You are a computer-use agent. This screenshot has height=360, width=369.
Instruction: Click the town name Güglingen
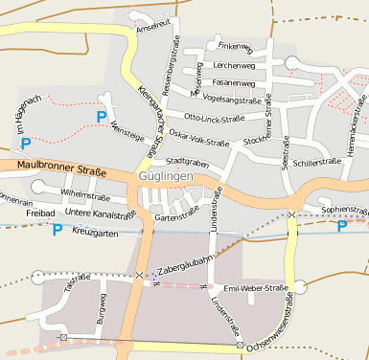click(166, 178)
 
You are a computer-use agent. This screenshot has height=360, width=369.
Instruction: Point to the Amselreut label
click(154, 27)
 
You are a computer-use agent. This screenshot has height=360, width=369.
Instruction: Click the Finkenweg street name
click(234, 45)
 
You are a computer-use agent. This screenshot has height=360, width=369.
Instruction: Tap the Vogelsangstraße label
click(234, 100)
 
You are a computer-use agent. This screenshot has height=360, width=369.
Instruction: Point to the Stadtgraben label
click(187, 162)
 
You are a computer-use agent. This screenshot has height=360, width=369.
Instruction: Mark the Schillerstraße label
click(317, 163)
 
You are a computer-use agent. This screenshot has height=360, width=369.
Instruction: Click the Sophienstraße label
click(344, 208)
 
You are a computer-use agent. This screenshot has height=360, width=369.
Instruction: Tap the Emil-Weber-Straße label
click(255, 287)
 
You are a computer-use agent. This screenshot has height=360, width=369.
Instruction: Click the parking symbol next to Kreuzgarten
click(57, 230)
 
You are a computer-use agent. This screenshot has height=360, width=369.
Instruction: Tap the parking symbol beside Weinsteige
click(101, 116)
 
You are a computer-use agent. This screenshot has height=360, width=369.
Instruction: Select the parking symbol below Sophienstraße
click(342, 226)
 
